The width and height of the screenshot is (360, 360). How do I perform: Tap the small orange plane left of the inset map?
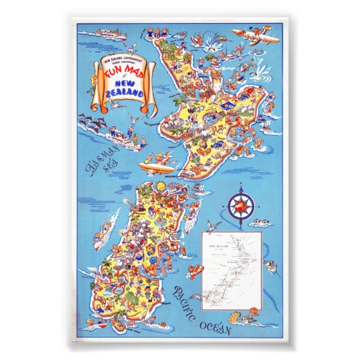pyautogui.click(x=196, y=270)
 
